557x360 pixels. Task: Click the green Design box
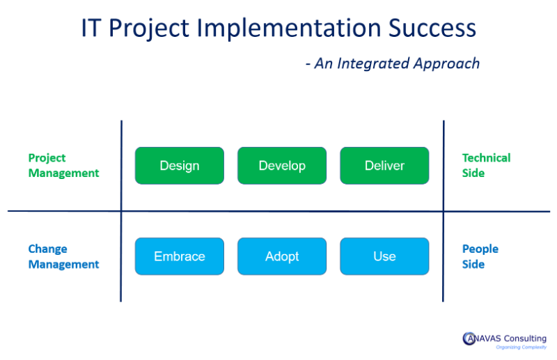(180, 166)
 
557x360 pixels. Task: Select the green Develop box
(282, 166)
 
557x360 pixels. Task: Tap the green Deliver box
(384, 166)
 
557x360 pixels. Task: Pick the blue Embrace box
(180, 256)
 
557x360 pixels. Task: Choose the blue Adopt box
(282, 256)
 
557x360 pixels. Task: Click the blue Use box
(384, 256)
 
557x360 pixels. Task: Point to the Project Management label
(63, 166)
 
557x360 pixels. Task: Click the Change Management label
(63, 256)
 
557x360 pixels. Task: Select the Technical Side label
(486, 166)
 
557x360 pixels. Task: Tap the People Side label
(480, 256)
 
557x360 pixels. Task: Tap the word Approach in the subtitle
(447, 64)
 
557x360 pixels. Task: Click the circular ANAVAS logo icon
(469, 339)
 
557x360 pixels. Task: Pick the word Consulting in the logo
(523, 338)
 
